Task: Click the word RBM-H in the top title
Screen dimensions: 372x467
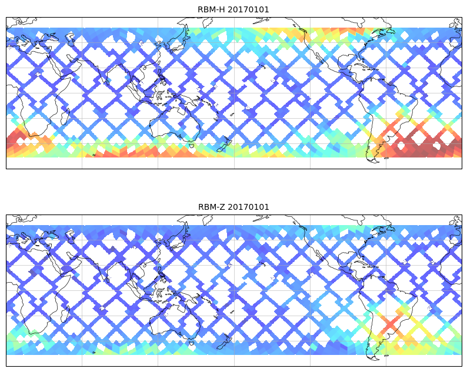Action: tap(211, 9)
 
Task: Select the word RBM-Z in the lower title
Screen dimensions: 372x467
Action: tap(211, 207)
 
